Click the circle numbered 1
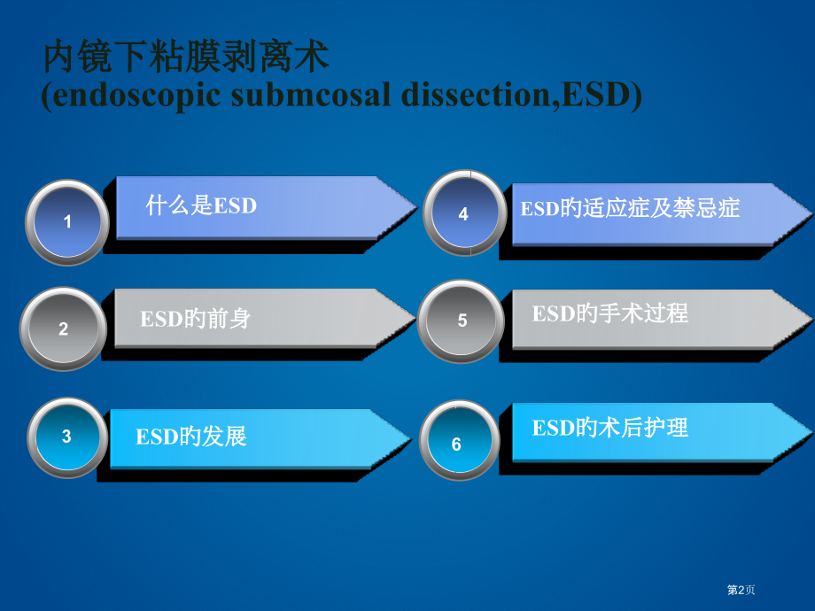67,222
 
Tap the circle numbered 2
64,329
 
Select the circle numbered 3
66,437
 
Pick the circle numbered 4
463,213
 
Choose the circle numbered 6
457,443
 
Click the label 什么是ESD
201,206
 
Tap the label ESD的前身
195,318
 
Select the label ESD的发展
190,436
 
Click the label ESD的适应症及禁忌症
629,209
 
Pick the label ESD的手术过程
609,313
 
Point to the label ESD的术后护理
609,429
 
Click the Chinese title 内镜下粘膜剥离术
186,58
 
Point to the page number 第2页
741,590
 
